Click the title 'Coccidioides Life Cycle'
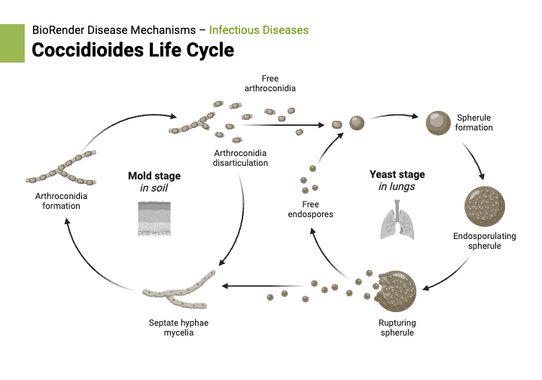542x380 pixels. [132, 51]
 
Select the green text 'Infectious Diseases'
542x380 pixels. [258, 30]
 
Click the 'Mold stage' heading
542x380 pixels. [154, 176]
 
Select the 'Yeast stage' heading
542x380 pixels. [392, 173]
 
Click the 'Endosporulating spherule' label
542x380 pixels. [484, 241]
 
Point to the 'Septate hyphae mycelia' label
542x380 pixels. [178, 327]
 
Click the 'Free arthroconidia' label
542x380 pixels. [269, 83]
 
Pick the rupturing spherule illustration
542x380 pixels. [394, 290]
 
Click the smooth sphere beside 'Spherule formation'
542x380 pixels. [437, 121]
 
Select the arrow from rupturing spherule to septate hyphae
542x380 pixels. [263, 286]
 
